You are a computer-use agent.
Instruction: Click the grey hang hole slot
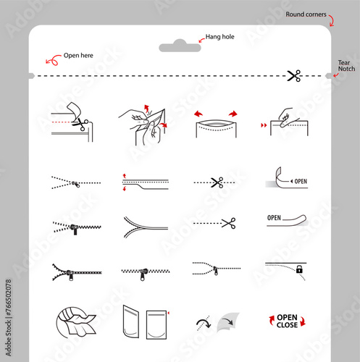click(180, 46)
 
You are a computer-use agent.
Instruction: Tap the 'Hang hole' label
click(219, 37)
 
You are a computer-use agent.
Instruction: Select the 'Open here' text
click(78, 56)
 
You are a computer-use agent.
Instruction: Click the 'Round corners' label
click(306, 14)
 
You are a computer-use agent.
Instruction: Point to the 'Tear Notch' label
click(346, 66)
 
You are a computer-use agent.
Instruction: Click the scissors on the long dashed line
click(294, 76)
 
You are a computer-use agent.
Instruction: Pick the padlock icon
click(299, 269)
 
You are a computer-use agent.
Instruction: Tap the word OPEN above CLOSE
click(287, 317)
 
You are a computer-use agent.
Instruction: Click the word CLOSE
click(287, 325)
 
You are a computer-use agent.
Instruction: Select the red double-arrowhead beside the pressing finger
click(264, 125)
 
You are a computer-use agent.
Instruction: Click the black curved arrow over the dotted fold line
click(204, 323)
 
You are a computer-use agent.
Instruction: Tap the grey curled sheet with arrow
click(227, 322)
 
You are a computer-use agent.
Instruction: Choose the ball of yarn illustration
click(75, 322)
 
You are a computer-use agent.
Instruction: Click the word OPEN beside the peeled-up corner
click(301, 181)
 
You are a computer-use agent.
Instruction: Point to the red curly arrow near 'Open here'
click(54, 60)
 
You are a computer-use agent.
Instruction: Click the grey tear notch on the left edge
click(32, 76)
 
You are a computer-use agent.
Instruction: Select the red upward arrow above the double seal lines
click(125, 175)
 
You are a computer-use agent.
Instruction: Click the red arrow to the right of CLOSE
click(303, 322)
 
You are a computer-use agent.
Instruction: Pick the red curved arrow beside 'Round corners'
click(332, 21)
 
